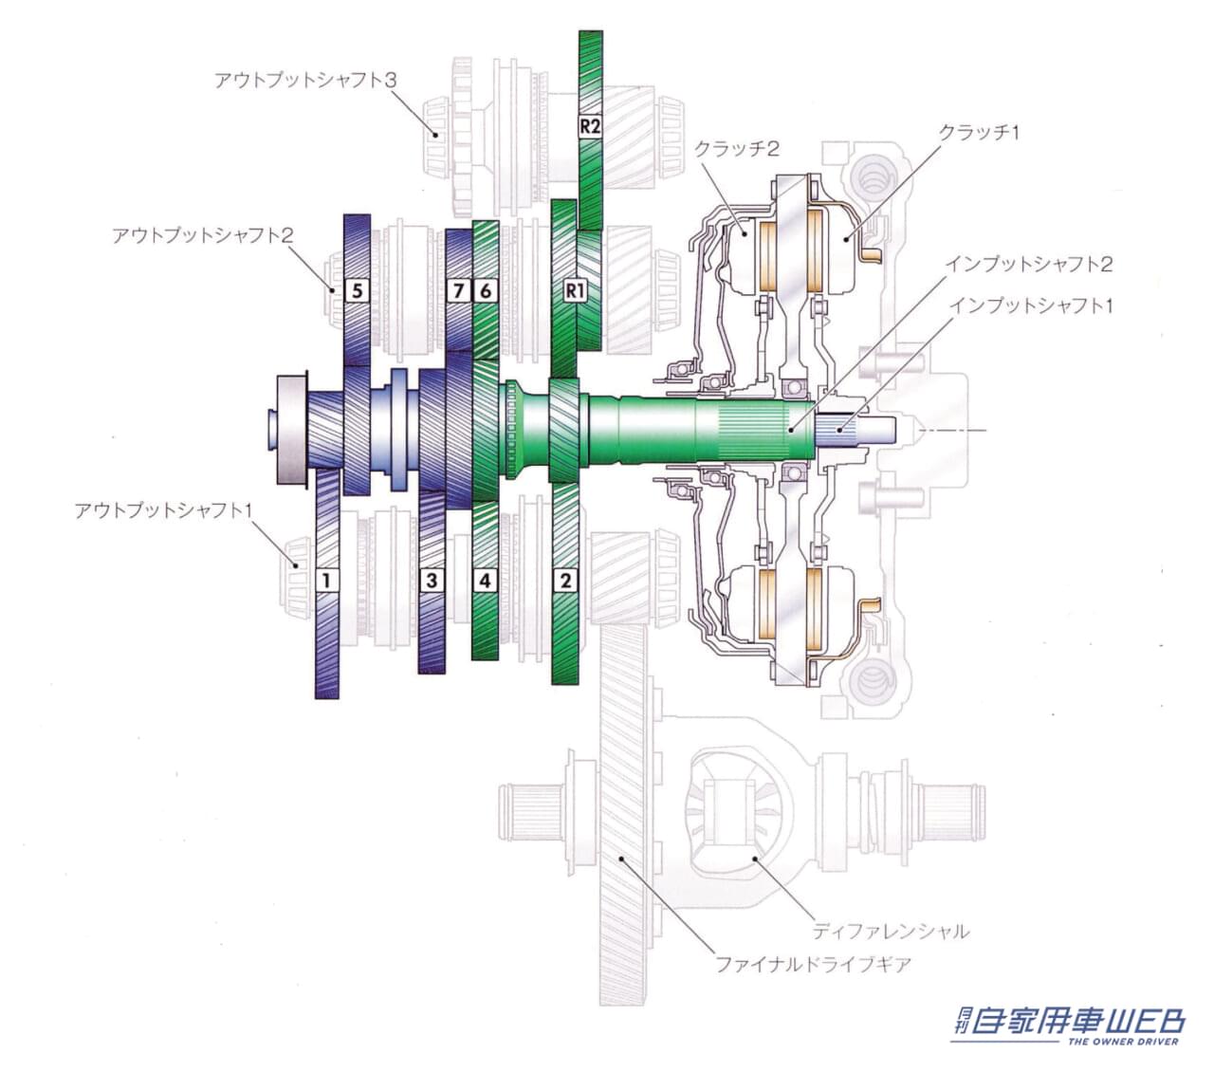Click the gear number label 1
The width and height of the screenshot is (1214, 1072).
[x=326, y=580]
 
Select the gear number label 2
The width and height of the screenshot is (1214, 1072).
[x=565, y=580]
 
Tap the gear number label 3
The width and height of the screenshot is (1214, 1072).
[x=432, y=580]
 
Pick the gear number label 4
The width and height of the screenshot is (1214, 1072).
[x=485, y=580]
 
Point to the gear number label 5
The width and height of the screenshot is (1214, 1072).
[x=358, y=291]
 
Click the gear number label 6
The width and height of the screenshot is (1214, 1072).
[x=486, y=291]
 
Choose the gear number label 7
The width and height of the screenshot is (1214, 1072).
[x=459, y=291]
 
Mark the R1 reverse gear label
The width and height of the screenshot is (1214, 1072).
[x=575, y=291]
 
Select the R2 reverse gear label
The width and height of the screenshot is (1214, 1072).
[x=590, y=126]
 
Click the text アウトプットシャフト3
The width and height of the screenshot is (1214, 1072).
[x=305, y=80]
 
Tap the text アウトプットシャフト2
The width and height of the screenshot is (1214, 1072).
[x=203, y=234]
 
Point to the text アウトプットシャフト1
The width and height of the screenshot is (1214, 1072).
[x=163, y=510]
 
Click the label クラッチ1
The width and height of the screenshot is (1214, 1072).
[x=979, y=132]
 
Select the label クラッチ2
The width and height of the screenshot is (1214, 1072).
[x=736, y=148]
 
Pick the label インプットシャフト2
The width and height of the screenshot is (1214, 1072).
[x=1028, y=264]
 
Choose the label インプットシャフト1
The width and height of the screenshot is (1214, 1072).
[x=1031, y=305]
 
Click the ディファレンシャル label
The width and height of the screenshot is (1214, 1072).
[x=891, y=931]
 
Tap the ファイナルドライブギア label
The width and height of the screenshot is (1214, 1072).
[x=814, y=965]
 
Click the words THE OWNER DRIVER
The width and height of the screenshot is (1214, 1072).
[x=1124, y=1042]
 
